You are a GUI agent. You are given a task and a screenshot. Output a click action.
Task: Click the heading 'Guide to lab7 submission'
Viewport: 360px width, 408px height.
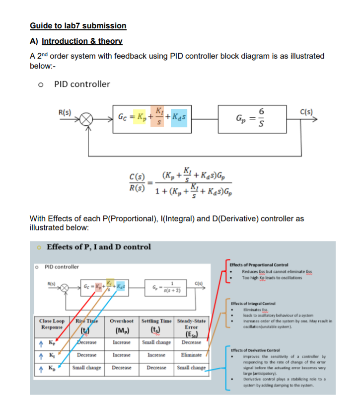(78, 25)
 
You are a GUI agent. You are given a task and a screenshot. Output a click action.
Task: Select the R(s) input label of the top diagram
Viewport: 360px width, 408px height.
(65, 112)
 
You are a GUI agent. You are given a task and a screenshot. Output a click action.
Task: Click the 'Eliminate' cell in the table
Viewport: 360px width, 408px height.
(191, 355)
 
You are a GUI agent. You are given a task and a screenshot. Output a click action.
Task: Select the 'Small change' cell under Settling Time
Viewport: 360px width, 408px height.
(156, 342)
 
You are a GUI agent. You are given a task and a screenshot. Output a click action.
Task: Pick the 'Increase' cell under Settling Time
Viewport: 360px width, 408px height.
(156, 355)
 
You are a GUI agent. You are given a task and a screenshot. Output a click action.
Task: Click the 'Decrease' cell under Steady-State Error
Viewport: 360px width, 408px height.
(191, 342)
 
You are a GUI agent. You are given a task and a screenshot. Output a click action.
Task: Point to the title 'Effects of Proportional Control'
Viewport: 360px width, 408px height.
(259, 265)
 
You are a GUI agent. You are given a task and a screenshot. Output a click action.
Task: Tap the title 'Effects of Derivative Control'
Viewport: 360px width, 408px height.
(258, 351)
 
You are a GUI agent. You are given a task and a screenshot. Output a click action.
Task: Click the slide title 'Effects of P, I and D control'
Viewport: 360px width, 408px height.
(98, 247)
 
